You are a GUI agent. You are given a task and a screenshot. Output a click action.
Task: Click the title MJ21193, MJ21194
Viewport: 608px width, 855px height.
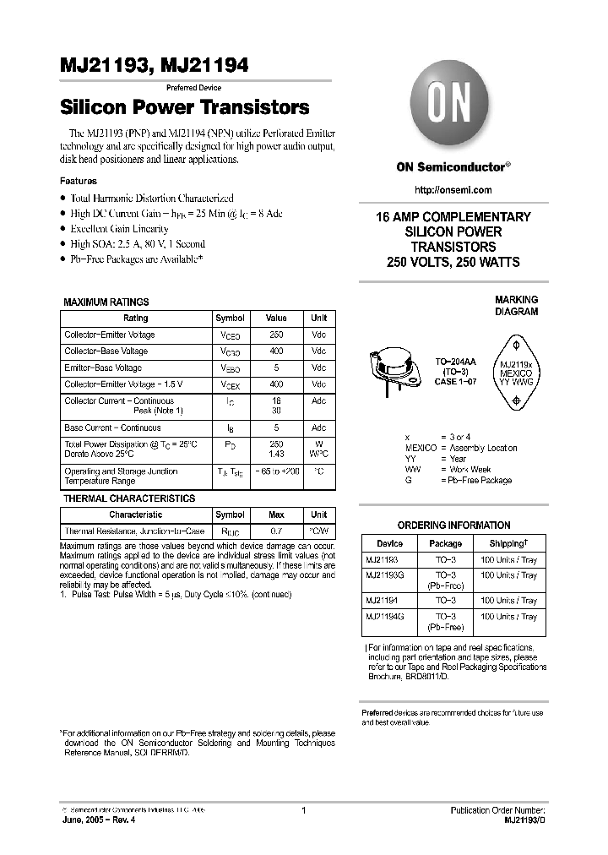tap(153, 65)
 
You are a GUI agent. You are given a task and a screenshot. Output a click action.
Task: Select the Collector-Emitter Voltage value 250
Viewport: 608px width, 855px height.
tap(275, 335)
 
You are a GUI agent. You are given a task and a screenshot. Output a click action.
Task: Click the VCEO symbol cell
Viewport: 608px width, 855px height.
tap(230, 335)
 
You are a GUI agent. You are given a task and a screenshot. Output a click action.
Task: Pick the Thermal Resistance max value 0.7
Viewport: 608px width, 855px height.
tap(275, 531)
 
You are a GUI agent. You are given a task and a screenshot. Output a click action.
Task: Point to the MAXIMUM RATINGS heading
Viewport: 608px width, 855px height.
tap(106, 302)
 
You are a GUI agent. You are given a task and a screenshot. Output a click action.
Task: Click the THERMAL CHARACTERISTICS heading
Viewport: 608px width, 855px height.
tap(129, 498)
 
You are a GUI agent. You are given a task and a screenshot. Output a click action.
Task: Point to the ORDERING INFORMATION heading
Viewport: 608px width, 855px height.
tap(453, 525)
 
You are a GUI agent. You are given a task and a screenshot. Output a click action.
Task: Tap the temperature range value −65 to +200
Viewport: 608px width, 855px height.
tap(275, 471)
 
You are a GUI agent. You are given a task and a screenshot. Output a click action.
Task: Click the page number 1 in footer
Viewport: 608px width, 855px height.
tap(303, 810)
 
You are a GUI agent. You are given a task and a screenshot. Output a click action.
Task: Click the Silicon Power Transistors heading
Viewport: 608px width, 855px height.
tap(184, 108)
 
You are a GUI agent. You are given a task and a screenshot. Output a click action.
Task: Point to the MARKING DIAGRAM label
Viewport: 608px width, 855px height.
tap(516, 306)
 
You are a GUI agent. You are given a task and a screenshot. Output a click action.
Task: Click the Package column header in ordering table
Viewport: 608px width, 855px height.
tap(445, 543)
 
